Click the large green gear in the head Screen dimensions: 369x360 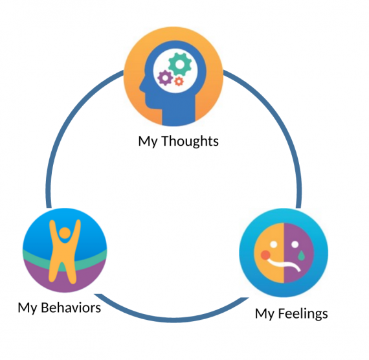180,65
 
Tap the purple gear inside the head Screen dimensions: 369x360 165,78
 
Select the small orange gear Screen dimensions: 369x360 179,82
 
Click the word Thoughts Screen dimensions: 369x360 190,141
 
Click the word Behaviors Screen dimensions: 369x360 71,308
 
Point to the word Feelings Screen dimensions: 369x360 303,314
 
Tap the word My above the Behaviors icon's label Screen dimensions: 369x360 27,308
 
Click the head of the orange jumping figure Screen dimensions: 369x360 65,234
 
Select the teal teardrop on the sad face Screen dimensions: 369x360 301,256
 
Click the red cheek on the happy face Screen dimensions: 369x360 265,255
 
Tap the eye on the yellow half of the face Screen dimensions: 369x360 273,244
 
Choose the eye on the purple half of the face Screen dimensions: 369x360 295,245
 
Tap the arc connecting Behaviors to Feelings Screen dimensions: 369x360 172,321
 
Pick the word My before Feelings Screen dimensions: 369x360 265,314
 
